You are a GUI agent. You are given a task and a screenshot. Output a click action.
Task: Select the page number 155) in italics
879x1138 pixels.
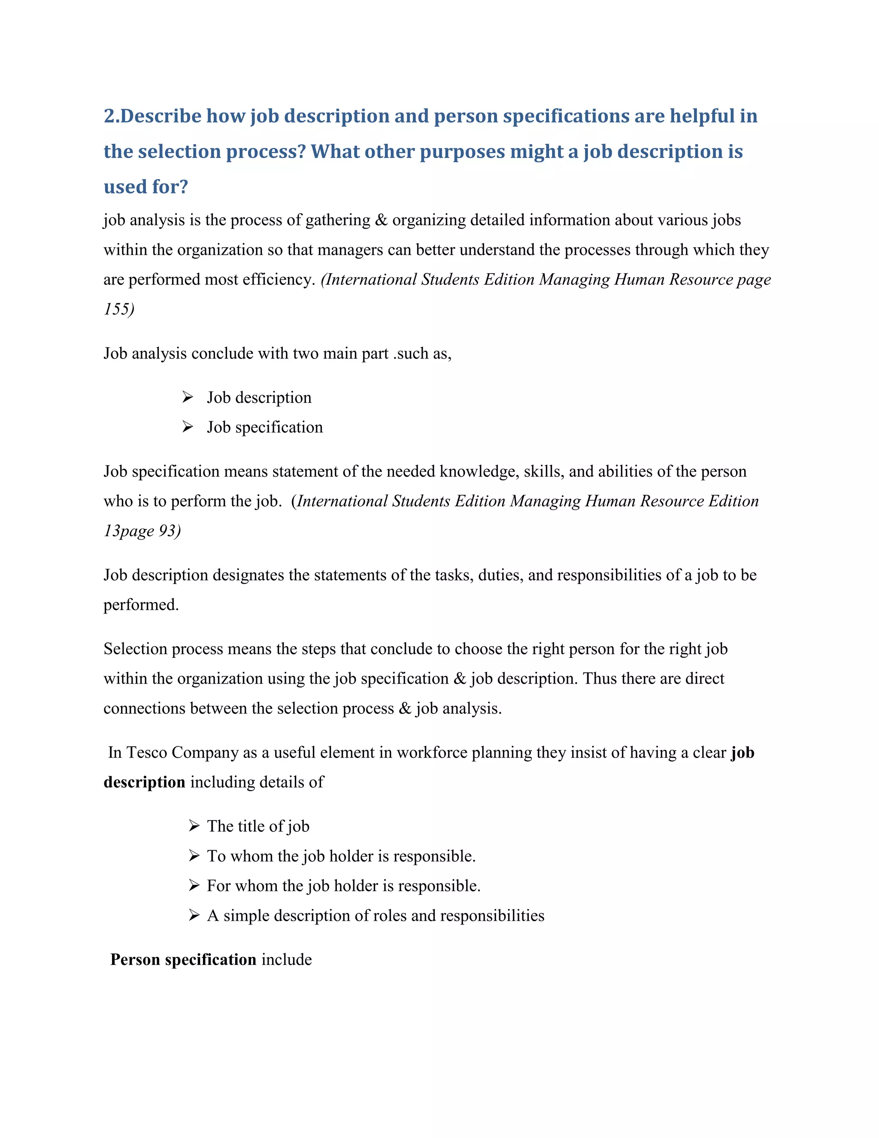(119, 309)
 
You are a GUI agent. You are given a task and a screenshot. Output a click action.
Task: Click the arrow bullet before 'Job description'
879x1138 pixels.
(188, 398)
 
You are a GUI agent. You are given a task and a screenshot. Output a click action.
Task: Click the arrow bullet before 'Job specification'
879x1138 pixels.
(188, 427)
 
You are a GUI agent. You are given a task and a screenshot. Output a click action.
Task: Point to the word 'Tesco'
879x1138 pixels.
(146, 752)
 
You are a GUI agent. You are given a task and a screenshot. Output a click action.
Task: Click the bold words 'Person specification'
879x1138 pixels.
(183, 959)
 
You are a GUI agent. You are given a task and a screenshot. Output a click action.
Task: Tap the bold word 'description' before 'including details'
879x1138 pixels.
(144, 782)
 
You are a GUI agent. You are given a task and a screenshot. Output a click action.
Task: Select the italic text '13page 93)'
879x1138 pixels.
(142, 530)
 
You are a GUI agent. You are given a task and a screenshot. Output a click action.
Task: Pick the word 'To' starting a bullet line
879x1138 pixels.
(216, 856)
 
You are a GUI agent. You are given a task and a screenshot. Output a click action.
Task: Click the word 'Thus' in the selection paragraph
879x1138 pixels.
(599, 679)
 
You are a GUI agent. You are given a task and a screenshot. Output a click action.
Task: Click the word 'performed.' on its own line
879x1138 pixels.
(141, 605)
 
